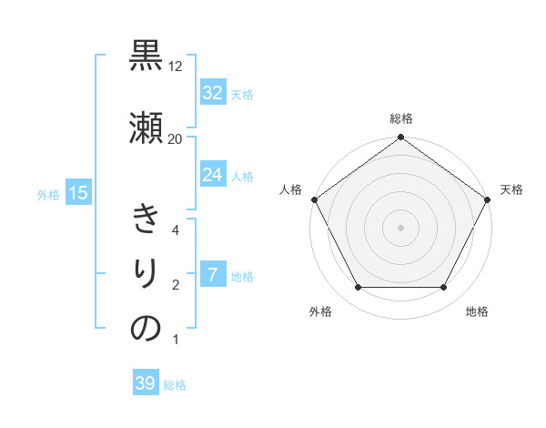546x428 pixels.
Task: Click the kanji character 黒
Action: (x=146, y=56)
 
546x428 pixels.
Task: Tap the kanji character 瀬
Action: (x=146, y=127)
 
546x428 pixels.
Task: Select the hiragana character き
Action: (x=146, y=220)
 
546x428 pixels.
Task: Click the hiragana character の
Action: (x=146, y=329)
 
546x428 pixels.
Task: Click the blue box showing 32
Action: (x=212, y=93)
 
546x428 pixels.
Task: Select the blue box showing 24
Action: (x=212, y=175)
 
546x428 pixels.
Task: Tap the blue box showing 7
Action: (x=212, y=275)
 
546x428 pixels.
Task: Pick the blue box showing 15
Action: (x=77, y=193)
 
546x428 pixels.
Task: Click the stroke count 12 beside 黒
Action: (x=176, y=66)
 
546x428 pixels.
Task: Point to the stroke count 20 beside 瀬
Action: (x=176, y=138)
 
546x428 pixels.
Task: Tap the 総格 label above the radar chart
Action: (x=401, y=118)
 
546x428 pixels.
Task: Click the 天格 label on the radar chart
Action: (x=511, y=189)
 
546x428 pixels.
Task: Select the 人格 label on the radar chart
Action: (x=290, y=189)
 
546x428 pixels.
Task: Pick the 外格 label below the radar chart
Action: (x=320, y=311)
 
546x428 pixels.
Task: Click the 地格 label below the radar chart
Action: (x=477, y=311)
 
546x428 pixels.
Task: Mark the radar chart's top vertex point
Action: (x=400, y=138)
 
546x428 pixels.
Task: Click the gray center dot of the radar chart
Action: (x=400, y=227)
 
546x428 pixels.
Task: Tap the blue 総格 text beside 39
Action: (x=175, y=385)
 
